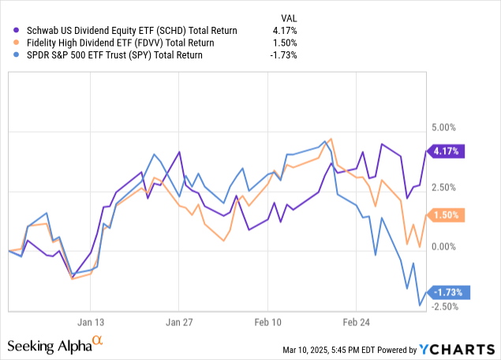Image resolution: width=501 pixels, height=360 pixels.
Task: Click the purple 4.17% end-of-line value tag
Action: (x=447, y=150)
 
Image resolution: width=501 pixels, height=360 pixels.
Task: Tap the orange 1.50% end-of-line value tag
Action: (x=447, y=215)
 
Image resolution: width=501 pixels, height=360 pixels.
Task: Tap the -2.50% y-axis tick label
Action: (x=447, y=307)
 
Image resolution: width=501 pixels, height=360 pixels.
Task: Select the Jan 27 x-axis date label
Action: (x=179, y=322)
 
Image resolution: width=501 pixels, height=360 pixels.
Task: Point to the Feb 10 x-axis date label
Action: (x=267, y=322)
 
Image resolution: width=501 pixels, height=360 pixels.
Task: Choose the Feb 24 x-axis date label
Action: (x=356, y=322)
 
